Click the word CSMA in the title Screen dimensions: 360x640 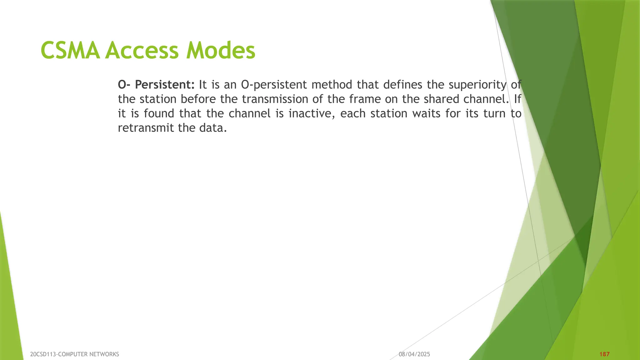(70, 51)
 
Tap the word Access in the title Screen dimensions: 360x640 (142, 51)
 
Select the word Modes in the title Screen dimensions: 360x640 (221, 51)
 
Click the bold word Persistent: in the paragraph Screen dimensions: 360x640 (165, 85)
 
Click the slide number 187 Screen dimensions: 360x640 (605, 354)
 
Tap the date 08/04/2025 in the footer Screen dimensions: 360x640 (414, 354)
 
